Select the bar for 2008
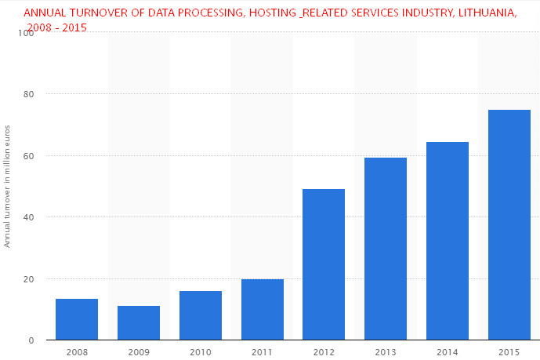(77, 319)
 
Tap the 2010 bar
(201, 315)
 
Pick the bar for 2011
(263, 309)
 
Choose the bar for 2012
(324, 264)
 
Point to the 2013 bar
(386, 249)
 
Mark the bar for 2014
(448, 241)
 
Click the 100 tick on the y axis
(27, 33)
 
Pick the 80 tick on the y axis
(29, 94)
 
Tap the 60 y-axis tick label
(29, 155)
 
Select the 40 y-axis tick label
(29, 217)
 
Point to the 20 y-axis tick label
(29, 279)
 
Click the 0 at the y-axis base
(31, 340)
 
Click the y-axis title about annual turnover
(7, 186)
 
